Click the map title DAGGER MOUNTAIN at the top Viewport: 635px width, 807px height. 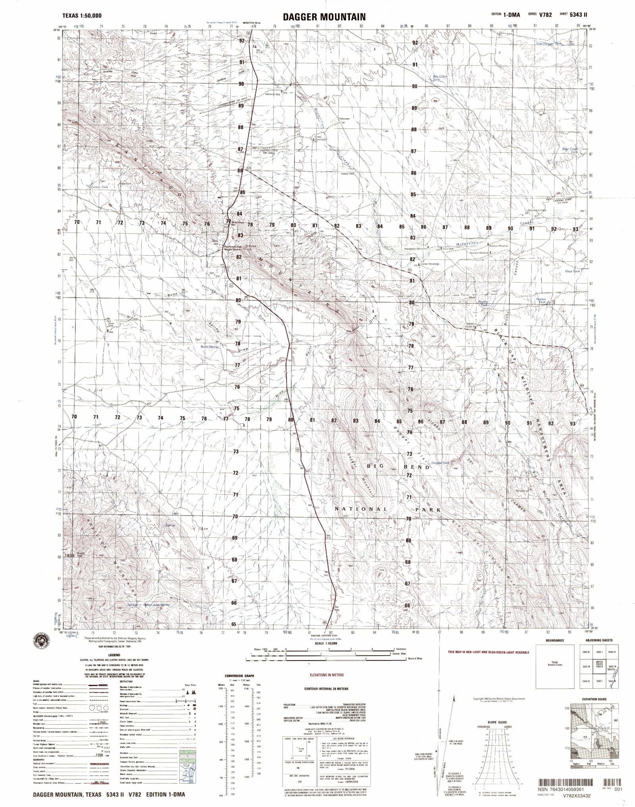click(324, 17)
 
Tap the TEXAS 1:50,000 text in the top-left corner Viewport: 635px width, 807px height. click(82, 15)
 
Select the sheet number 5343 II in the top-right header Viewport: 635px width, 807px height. click(579, 15)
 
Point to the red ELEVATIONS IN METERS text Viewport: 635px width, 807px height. click(327, 675)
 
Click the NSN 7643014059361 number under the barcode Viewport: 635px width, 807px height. click(569, 790)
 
